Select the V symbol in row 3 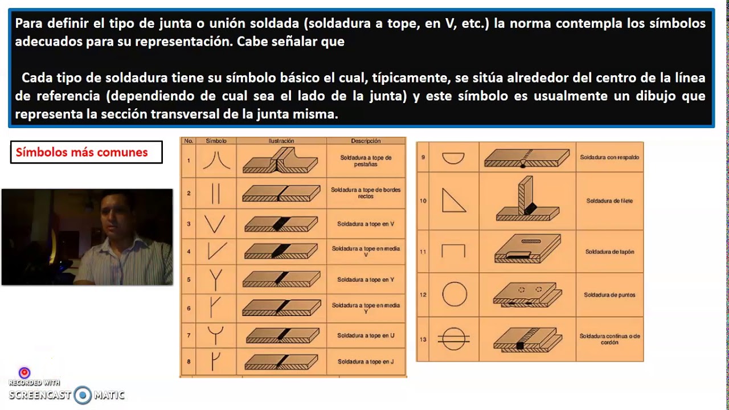click(215, 224)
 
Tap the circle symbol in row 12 click(454, 295)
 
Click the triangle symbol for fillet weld click(453, 200)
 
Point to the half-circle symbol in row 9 click(453, 157)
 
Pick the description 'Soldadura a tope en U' click(366, 335)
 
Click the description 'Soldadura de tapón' click(609, 252)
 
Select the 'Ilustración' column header click(281, 141)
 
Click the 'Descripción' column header click(366, 141)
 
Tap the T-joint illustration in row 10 click(527, 200)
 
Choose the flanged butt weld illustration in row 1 click(281, 161)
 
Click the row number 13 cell click(423, 339)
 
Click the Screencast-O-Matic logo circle click(83, 395)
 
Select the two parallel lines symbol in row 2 click(215, 193)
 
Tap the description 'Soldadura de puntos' click(609, 295)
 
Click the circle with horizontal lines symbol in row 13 click(454, 339)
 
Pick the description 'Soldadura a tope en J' click(366, 362)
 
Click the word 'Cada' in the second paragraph click(37, 77)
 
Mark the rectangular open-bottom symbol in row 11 click(453, 251)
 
